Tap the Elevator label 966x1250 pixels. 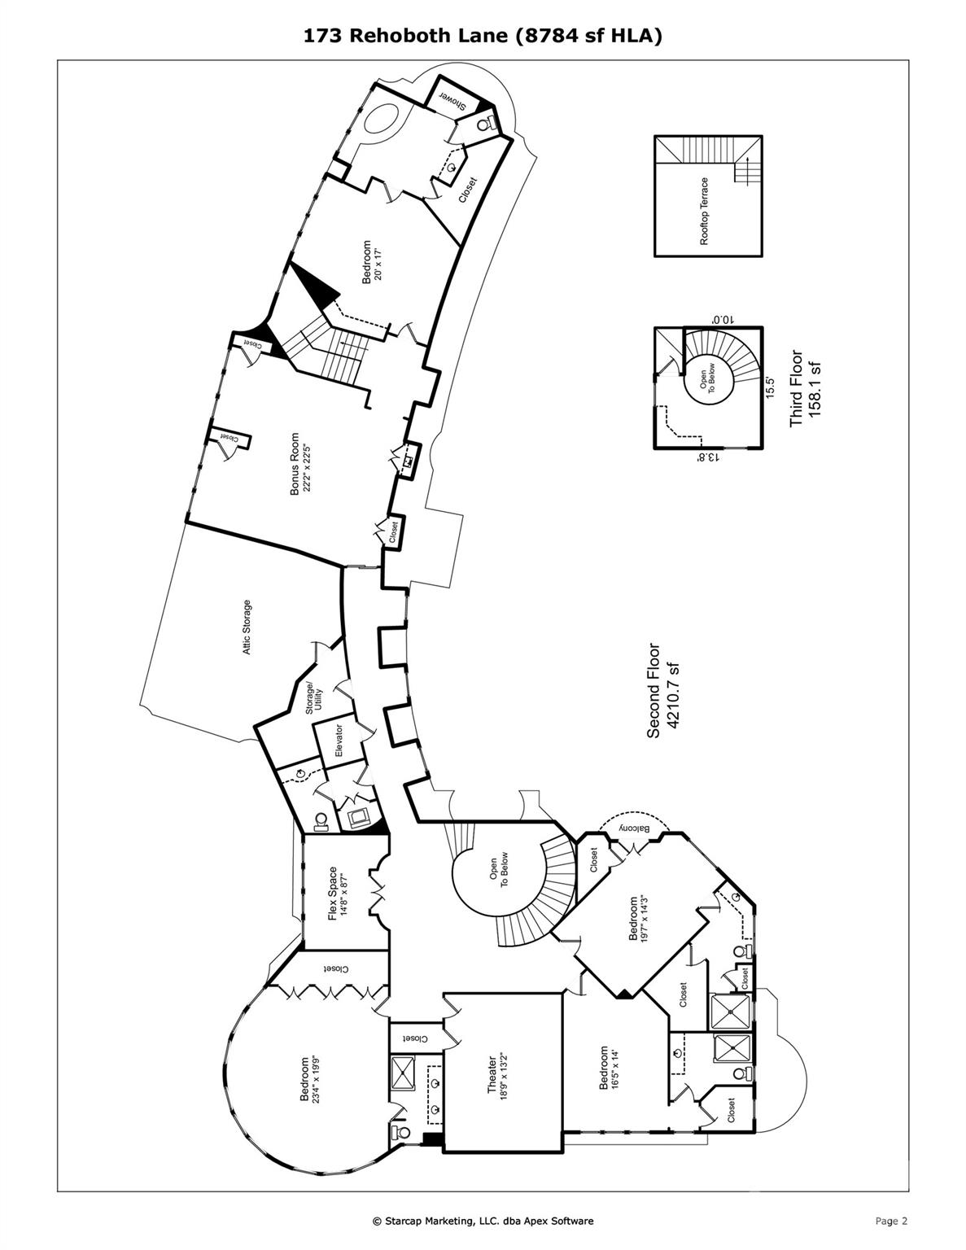339,740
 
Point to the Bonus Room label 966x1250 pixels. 295,464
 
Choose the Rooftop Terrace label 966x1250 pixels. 705,211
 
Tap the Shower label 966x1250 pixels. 453,100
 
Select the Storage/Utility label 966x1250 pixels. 314,699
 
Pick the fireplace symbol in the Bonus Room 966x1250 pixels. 410,460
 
